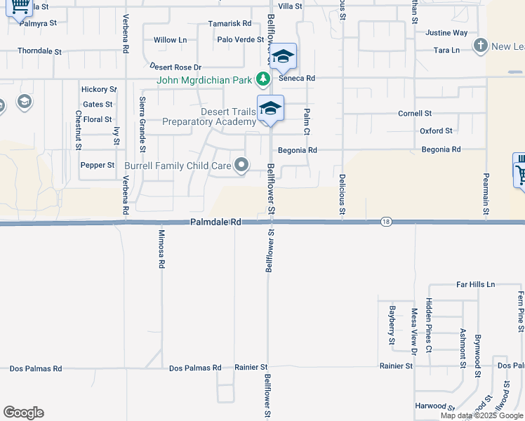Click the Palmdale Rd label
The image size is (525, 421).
click(215, 222)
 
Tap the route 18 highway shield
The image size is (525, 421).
click(386, 222)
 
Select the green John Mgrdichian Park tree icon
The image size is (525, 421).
click(263, 79)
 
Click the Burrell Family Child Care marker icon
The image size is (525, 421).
click(242, 166)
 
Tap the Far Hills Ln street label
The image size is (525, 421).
click(475, 284)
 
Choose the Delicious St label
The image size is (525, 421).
click(343, 194)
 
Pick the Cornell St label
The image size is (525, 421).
click(415, 113)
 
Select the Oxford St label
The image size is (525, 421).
click(436, 131)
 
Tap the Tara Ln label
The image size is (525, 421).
click(446, 51)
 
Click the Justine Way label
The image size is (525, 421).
click(446, 33)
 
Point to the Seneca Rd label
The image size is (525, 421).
click(300, 78)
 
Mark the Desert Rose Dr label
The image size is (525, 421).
click(175, 67)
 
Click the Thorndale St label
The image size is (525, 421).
click(40, 51)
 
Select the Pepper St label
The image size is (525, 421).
click(98, 165)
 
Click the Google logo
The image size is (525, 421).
click(23, 413)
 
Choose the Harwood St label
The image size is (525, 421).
click(430, 406)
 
